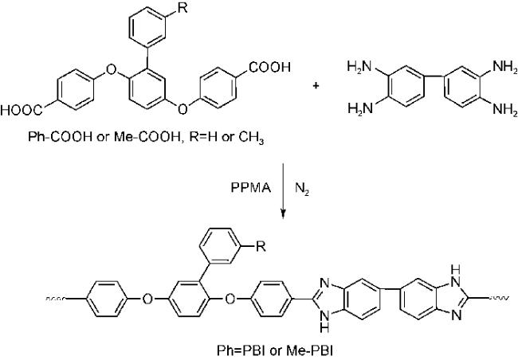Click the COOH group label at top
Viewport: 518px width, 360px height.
tap(270, 68)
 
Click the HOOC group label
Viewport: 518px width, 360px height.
tap(22, 111)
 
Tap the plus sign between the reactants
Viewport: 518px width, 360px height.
tap(316, 86)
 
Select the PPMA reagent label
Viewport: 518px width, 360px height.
tap(251, 188)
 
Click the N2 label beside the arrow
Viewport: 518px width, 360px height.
tap(302, 190)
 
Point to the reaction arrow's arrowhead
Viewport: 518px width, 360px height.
tap(283, 214)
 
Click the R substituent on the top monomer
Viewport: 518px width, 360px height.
tap(182, 8)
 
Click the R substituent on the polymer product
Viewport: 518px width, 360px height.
tap(261, 246)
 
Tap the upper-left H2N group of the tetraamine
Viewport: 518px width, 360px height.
tap(359, 67)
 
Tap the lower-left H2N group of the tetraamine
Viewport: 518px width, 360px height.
tap(359, 108)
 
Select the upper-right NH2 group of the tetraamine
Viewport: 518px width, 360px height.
tap(505, 67)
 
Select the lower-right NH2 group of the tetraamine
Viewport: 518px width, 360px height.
tap(505, 109)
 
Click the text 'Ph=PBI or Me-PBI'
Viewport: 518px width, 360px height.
tap(275, 350)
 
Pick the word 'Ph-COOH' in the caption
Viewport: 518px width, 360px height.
tap(60, 136)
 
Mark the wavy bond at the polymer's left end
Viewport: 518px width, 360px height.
tap(56, 299)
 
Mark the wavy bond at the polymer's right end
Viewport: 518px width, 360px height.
tap(499, 298)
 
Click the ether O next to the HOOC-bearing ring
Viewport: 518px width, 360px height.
tap(111, 69)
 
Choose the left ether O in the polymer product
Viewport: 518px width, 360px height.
tap(147, 299)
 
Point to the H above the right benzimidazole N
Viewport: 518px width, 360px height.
tap(456, 270)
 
